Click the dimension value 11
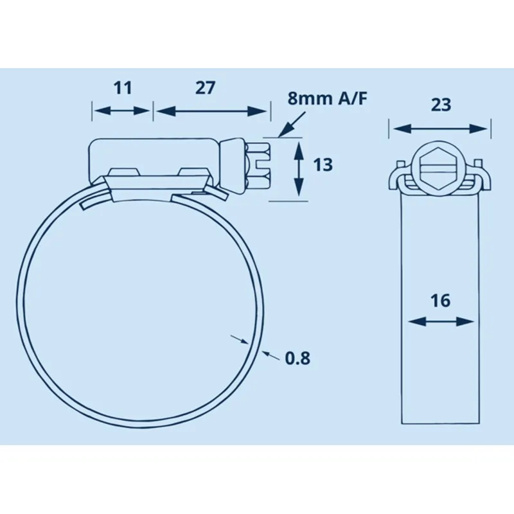122,88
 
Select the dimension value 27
205,88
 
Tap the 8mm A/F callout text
327,99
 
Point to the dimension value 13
323,164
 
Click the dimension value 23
441,105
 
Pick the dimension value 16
441,300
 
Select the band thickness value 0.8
297,358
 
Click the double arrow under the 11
122,111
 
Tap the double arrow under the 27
211,111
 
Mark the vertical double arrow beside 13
298,170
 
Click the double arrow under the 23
441,128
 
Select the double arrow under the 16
441,321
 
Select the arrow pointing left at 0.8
270,354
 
